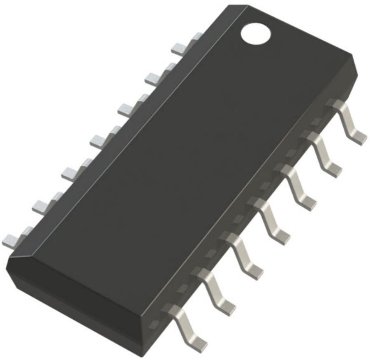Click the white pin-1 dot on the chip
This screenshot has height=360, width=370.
point(256,34)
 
